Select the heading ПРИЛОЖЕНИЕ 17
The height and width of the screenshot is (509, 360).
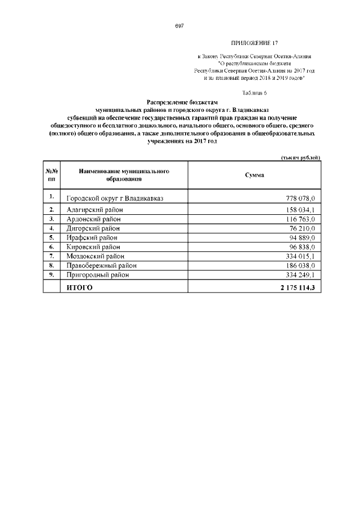click(x=254, y=43)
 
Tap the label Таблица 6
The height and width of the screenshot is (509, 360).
click(x=254, y=92)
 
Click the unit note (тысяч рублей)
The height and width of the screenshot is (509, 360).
click(x=300, y=158)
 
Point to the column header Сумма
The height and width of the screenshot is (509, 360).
click(x=254, y=175)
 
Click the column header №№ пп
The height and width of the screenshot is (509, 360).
click(x=51, y=174)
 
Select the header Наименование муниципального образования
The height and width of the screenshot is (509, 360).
click(x=124, y=174)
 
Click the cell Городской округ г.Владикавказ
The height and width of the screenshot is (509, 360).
click(x=117, y=199)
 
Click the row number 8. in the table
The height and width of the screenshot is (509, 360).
click(x=51, y=265)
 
